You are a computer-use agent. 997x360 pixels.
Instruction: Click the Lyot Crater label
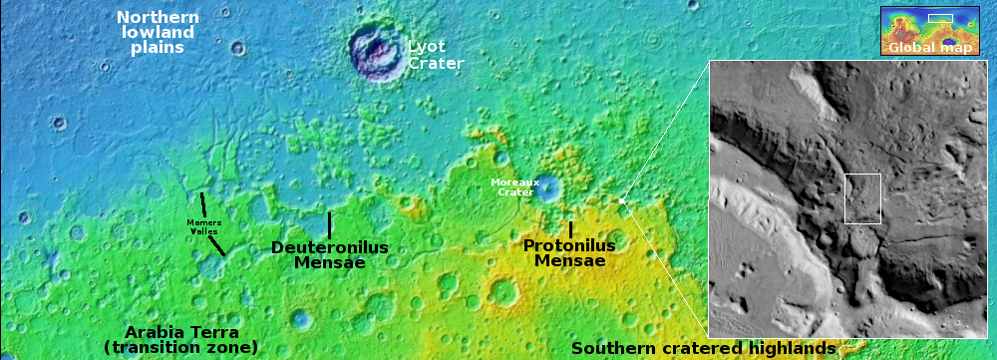coord(436,55)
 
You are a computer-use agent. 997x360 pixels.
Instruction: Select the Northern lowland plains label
coord(158,32)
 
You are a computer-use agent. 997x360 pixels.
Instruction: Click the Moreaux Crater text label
coord(514,186)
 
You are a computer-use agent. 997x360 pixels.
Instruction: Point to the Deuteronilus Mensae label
coord(329,255)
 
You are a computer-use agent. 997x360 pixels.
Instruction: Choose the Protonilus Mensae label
coord(569,253)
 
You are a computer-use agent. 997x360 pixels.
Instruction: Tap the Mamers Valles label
coord(204,226)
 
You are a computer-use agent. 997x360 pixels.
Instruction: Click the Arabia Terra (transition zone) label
coord(181,339)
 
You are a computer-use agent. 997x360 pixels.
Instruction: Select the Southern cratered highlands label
coord(703,348)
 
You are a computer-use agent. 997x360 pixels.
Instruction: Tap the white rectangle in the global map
coord(941,17)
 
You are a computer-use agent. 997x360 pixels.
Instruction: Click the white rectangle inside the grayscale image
coord(862,198)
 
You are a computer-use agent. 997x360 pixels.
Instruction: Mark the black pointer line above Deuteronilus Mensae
coord(329,225)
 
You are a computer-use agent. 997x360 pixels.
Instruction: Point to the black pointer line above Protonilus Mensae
coord(570,229)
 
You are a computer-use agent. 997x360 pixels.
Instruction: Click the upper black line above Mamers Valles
coord(203,204)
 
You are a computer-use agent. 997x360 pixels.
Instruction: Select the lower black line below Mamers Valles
coord(216,245)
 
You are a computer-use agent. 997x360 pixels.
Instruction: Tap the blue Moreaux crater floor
coord(547,187)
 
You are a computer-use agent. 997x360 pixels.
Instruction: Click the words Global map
coord(929,47)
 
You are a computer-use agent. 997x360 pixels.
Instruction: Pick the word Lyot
coord(427,46)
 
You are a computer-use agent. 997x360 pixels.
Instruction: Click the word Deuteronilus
coord(329,247)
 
